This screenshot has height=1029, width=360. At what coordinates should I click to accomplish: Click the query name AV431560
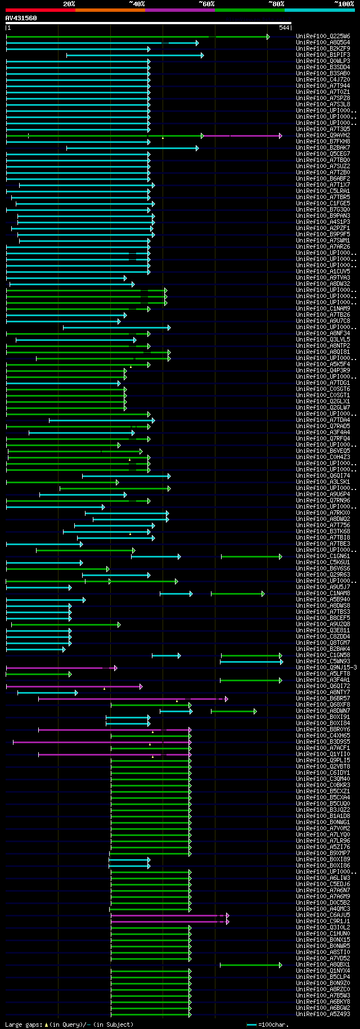click(x=21, y=18)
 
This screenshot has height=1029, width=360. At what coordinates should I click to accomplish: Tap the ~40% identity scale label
click(x=137, y=4)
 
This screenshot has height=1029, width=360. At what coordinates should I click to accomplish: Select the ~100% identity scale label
click(x=344, y=4)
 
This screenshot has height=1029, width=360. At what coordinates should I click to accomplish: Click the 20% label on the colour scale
click(x=69, y=4)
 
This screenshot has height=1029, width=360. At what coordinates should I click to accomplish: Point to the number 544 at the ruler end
click(x=283, y=28)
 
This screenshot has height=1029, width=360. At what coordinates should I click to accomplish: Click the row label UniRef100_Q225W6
click(x=323, y=37)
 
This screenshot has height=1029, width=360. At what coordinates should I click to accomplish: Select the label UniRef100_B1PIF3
click(x=323, y=55)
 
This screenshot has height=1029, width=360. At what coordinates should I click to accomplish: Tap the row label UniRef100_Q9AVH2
click(x=323, y=136)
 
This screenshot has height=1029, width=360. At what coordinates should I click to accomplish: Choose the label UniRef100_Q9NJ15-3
click(x=326, y=668)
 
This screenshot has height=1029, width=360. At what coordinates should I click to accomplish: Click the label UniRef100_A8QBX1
click(x=323, y=965)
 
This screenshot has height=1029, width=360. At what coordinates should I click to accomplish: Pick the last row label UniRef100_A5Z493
click(x=323, y=1014)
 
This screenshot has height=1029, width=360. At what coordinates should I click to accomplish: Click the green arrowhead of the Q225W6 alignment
click(x=268, y=37)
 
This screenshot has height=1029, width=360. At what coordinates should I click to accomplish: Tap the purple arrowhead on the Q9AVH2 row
click(x=280, y=136)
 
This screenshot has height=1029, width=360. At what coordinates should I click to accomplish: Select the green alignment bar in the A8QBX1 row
click(x=250, y=965)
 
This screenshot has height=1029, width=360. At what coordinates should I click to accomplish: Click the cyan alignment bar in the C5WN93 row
click(x=250, y=662)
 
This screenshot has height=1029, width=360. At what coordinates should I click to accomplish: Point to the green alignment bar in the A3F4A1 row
click(x=250, y=680)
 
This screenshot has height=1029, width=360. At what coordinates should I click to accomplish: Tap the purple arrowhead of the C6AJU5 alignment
click(x=227, y=915)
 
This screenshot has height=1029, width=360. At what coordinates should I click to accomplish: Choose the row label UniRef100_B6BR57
click(x=323, y=699)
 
